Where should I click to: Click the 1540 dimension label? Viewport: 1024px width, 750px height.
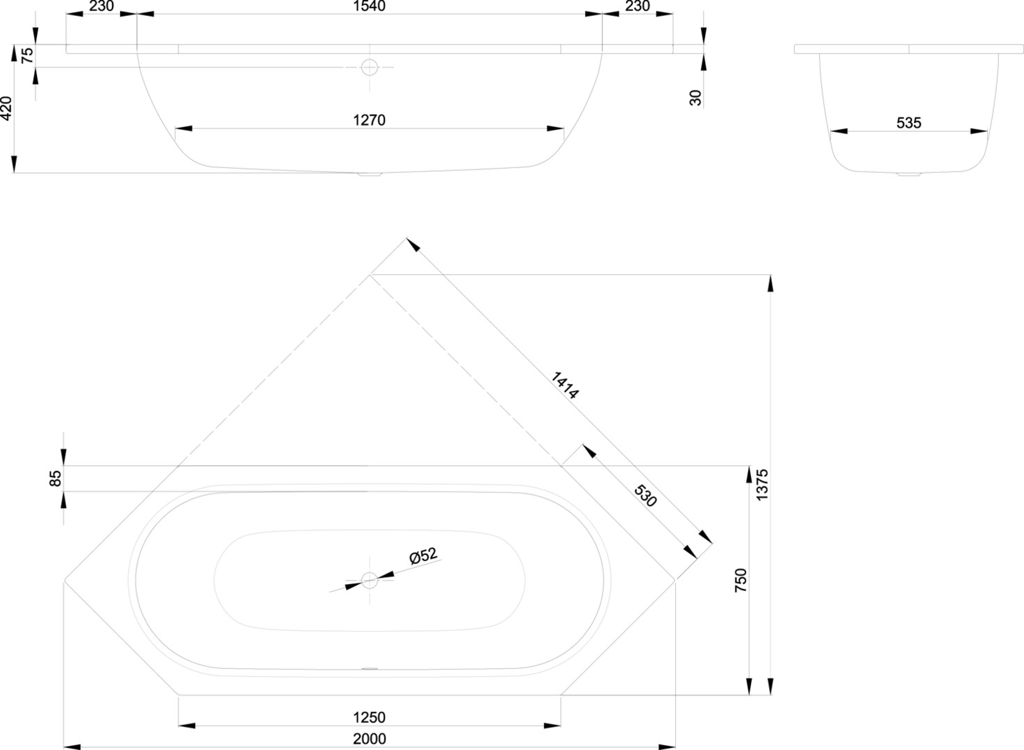click(369, 6)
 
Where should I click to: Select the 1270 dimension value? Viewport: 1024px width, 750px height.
click(369, 120)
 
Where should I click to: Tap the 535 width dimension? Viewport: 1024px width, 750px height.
click(909, 123)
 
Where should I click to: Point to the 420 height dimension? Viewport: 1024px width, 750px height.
click(6, 108)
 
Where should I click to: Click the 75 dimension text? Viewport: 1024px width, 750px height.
click(27, 56)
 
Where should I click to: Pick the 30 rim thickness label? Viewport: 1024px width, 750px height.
click(695, 98)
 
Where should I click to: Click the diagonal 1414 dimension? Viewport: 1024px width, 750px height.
click(565, 385)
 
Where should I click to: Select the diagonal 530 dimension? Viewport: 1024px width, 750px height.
click(645, 496)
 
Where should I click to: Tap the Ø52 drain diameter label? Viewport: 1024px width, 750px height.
click(423, 556)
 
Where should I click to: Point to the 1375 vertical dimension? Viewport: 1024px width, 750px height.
click(762, 485)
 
